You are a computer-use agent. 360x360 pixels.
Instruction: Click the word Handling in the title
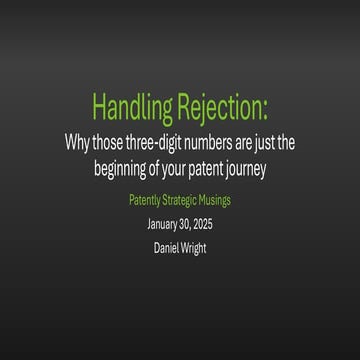[132, 106]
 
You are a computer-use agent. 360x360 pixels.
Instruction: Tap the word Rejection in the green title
[220, 106]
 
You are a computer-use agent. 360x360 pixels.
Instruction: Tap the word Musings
[222, 201]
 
